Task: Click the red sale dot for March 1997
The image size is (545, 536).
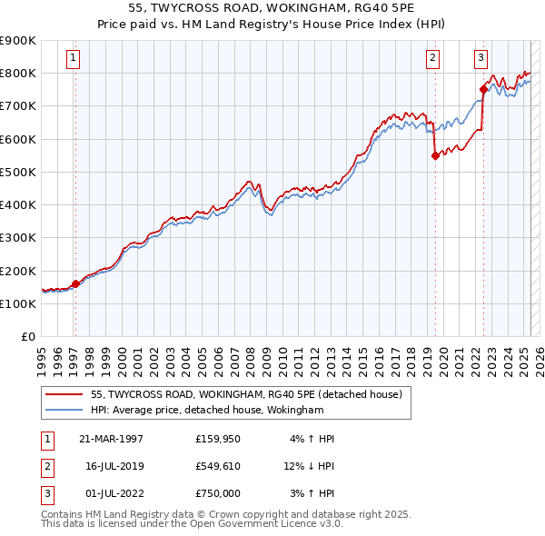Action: [x=75, y=283]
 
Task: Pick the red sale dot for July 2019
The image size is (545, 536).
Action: [x=435, y=155]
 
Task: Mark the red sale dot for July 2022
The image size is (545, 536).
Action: [x=483, y=89]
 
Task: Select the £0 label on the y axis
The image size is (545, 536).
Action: [x=27, y=336]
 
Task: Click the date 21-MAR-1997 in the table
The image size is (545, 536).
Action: [x=112, y=439]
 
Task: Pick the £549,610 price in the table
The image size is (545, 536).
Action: [x=217, y=466]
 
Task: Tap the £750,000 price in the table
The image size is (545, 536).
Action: [x=217, y=493]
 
